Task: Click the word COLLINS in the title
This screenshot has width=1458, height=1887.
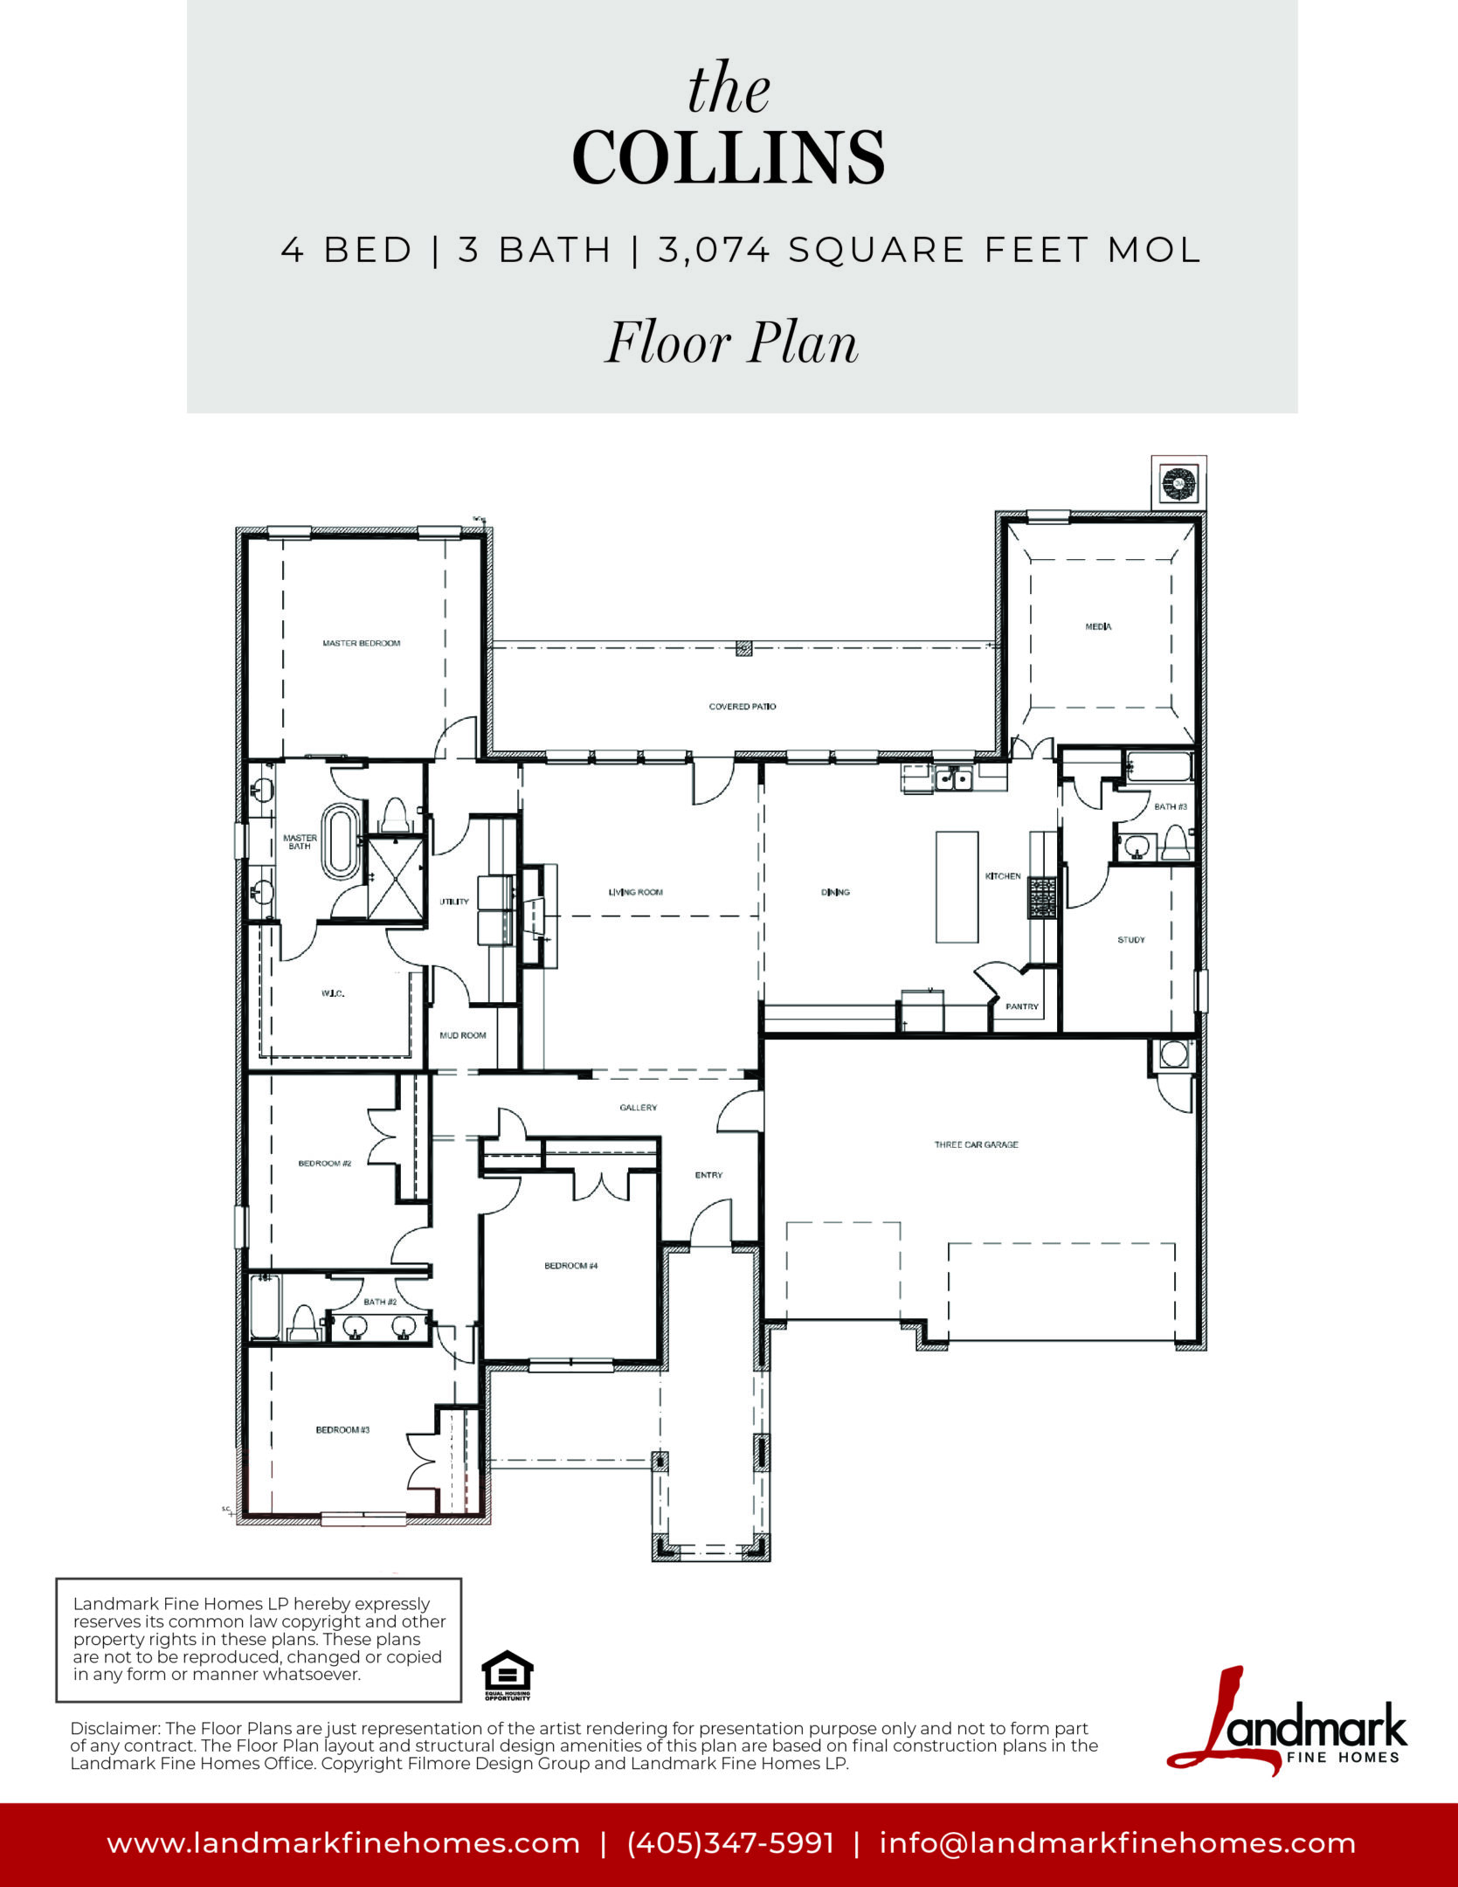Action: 729,158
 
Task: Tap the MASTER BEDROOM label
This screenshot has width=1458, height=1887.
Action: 362,643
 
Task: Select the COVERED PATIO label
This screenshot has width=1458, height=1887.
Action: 743,706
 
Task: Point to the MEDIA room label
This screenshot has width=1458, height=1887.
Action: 1098,626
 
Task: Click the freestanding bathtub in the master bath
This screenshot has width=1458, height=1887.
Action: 339,842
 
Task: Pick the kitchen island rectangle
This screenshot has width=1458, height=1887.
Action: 957,887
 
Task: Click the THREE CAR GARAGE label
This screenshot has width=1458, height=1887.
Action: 976,1144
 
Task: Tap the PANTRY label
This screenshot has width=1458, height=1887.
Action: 1022,1006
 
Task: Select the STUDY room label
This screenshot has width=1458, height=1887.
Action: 1131,940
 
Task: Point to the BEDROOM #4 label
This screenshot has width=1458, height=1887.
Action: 571,1266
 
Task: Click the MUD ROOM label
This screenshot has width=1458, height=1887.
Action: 463,1035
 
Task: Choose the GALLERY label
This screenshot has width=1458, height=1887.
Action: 639,1108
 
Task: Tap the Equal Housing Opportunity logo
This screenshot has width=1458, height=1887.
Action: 508,1676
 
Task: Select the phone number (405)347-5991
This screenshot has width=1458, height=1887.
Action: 731,1843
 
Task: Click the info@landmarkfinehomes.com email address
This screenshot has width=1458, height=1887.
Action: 1118,1843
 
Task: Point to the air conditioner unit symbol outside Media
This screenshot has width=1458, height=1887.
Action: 1178,481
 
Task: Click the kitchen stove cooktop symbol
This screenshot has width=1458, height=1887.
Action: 1043,897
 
